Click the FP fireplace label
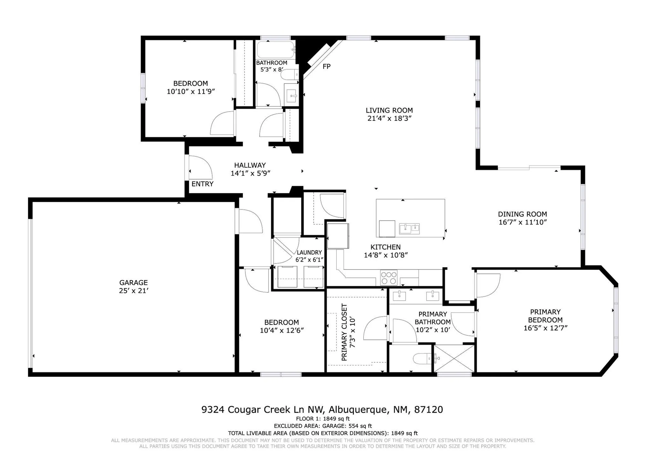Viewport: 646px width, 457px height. pyautogui.click(x=326, y=67)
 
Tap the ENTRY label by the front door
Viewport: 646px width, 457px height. pyautogui.click(x=202, y=184)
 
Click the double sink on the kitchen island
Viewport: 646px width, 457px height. pyautogui.click(x=409, y=228)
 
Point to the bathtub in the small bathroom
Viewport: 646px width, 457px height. pyautogui.click(x=275, y=49)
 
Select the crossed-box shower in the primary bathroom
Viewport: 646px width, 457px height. pyautogui.click(x=454, y=358)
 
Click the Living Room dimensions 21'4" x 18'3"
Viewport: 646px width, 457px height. pyautogui.click(x=389, y=119)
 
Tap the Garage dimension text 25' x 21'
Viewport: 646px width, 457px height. pyautogui.click(x=133, y=291)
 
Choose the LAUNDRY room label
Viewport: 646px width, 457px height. pyautogui.click(x=309, y=252)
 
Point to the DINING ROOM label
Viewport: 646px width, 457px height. pyautogui.click(x=522, y=214)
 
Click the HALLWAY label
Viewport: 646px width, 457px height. pyautogui.click(x=250, y=165)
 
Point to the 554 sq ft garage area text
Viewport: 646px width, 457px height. pyautogui.click(x=360, y=426)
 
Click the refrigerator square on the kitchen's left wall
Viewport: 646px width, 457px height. pyautogui.click(x=338, y=236)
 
